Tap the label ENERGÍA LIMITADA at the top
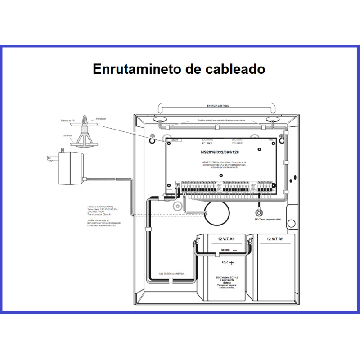click(218, 106)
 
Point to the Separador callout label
click(101, 119)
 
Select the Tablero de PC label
click(68, 121)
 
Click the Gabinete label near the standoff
click(67, 135)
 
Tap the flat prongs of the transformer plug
click(51, 158)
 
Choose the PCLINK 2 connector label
click(237, 143)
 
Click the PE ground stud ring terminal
click(259, 212)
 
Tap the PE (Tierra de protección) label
click(268, 219)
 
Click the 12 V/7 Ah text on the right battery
click(275, 239)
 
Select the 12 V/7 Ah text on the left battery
click(226, 239)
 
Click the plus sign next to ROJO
click(232, 262)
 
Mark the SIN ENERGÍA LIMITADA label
click(172, 274)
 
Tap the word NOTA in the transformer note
click(90, 220)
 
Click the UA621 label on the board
click(175, 140)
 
